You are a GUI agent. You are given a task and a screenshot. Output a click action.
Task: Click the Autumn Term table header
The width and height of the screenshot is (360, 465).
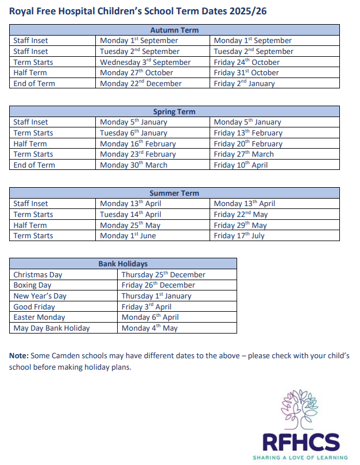pos(174,30)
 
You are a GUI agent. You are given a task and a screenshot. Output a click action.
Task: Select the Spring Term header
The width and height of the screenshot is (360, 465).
pos(174,111)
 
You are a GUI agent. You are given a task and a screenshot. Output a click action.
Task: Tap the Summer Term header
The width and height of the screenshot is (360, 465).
pos(174,193)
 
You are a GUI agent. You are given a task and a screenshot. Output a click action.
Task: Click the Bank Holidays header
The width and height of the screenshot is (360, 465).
pos(123,263)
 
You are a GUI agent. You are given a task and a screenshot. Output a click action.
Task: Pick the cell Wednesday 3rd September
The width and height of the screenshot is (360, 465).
pos(145,62)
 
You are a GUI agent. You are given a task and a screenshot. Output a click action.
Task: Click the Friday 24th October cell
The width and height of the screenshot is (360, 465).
pos(247,62)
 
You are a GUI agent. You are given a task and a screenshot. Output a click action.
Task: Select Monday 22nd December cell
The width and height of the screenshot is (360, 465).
pos(141,83)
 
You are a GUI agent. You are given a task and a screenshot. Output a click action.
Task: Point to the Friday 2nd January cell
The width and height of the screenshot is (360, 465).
pos(245,83)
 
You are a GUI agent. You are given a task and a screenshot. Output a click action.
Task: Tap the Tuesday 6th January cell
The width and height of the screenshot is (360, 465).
pos(134,133)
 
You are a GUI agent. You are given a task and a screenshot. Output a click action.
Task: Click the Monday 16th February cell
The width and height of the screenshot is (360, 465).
pos(138,144)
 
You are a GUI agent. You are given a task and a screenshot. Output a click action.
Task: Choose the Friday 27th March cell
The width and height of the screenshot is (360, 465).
pos(244,154)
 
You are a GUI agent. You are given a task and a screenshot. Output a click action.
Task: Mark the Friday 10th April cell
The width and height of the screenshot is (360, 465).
pos(241,165)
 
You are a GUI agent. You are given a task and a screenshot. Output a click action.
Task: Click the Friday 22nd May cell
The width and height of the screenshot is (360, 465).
pos(241,214)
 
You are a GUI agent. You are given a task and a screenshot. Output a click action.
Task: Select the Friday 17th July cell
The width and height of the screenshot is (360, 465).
pos(239,235)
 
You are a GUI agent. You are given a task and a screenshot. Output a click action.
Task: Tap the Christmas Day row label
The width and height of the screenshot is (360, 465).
pos(38,274)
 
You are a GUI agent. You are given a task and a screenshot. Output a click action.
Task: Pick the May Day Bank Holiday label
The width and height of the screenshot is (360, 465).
pos(52,328)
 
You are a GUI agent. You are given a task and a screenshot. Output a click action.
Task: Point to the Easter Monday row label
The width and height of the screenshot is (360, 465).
pos(39,317)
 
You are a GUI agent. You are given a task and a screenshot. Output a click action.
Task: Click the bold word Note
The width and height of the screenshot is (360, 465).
pos(19,356)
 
